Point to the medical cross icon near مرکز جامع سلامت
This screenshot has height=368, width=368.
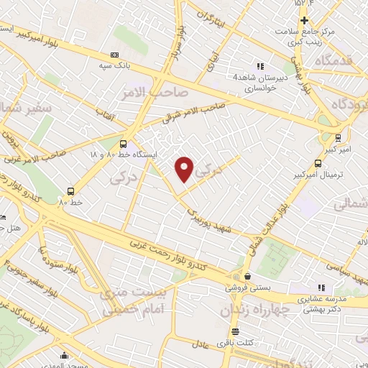304,20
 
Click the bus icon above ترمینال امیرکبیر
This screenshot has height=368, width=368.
318,163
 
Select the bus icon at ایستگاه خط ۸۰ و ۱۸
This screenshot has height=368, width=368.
123,143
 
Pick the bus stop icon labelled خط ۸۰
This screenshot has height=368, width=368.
70,191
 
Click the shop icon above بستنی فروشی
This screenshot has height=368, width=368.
247,276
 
